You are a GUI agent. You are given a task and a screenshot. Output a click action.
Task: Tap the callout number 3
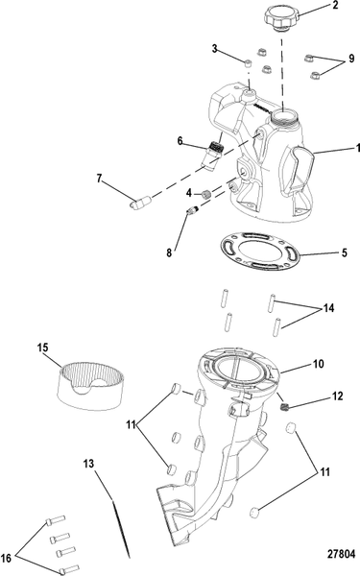[x=215, y=49]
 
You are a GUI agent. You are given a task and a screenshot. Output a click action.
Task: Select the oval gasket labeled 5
[x=260, y=252]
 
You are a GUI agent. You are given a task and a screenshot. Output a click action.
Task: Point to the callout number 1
[x=357, y=148]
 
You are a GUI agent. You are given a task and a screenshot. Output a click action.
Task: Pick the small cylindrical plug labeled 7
[x=141, y=202]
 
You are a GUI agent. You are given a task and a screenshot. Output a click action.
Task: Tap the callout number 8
[x=169, y=252]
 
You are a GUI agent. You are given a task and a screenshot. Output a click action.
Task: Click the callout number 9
[x=351, y=59]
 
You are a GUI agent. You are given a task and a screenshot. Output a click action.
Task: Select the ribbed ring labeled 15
[x=91, y=386]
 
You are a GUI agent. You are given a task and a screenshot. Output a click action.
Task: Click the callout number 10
[x=319, y=364]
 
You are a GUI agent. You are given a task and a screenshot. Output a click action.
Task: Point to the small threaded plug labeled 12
[x=285, y=406]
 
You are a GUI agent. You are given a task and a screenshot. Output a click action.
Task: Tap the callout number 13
[x=88, y=464]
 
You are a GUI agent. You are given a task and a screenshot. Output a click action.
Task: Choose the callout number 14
[x=328, y=308]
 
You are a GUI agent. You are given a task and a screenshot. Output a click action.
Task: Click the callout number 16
[x=7, y=559]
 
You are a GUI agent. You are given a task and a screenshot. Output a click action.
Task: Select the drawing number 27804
[x=341, y=554]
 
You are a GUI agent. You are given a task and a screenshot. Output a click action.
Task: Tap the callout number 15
[x=43, y=348]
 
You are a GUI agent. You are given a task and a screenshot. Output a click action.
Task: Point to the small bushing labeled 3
[x=249, y=64]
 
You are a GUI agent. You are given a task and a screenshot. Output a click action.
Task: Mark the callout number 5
[x=345, y=252]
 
